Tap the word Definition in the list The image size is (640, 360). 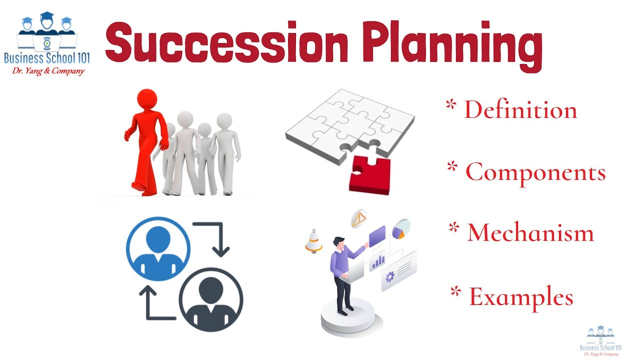520,110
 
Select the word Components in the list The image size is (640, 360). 535,172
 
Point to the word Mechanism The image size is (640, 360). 530,233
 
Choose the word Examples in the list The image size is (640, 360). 521,296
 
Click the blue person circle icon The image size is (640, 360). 158,249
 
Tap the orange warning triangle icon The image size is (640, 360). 358,219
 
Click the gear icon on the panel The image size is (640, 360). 390,276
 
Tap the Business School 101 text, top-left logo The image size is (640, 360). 47,58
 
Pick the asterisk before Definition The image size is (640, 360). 451,105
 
